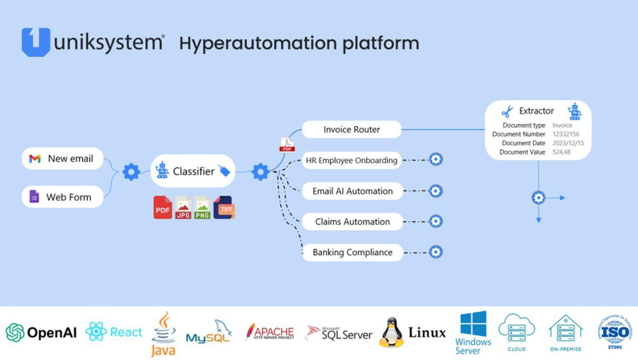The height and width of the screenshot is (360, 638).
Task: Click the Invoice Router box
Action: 351,129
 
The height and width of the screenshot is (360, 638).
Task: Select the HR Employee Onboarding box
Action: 351,160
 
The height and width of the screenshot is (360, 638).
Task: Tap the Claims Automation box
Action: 352,222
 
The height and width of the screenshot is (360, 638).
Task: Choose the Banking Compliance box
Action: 352,252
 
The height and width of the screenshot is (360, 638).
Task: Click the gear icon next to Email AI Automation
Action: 435,191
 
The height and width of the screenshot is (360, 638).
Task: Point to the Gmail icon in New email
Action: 35,158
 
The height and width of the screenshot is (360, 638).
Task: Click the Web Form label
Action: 69,197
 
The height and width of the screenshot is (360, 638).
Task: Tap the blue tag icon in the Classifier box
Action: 224,171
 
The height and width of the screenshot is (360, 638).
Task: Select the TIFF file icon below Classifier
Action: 224,208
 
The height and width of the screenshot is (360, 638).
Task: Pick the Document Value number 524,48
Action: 561,152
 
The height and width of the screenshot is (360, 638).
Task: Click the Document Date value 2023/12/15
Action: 568,143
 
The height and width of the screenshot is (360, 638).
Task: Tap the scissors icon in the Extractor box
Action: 507,112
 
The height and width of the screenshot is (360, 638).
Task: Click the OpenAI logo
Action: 41,333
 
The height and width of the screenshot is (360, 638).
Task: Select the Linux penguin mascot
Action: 391,333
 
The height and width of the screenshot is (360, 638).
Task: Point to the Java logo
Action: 163,334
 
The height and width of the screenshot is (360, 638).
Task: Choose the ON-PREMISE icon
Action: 565,333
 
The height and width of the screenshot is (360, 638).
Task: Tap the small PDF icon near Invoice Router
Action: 287,145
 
